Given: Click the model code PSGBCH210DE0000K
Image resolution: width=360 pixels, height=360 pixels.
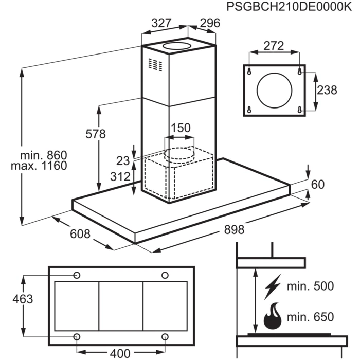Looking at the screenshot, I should (x=286, y=8).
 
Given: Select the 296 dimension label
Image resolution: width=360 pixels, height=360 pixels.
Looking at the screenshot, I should (x=209, y=23).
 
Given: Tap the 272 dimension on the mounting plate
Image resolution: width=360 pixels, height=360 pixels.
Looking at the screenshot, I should (x=274, y=46).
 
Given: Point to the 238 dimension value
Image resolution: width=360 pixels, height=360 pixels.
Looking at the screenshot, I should (x=327, y=90).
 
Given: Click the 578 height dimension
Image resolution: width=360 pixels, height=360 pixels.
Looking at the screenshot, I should (x=95, y=134).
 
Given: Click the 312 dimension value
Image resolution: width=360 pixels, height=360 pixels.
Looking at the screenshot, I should (x=120, y=177).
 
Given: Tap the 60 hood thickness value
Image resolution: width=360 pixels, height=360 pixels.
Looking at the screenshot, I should (x=319, y=184).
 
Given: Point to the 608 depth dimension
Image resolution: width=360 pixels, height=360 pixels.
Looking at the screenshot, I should (x=80, y=234).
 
